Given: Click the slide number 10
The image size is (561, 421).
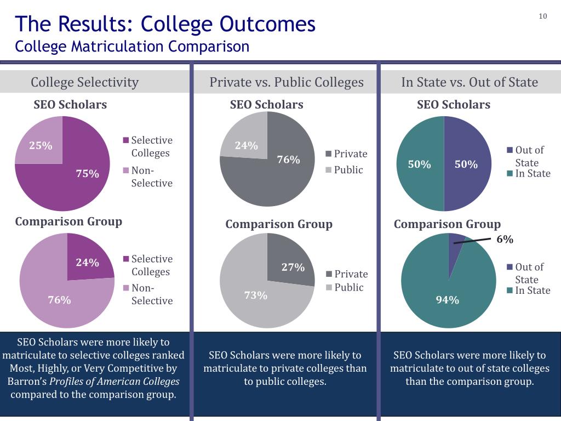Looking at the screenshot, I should coord(543,16).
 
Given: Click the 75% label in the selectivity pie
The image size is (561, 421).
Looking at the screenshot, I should coord(88,174).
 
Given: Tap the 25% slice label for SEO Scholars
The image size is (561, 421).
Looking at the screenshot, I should coord(41,146).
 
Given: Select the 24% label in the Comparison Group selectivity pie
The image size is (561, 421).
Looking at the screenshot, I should coord(87,263).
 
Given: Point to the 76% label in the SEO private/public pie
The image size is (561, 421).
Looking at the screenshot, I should coord(288,160).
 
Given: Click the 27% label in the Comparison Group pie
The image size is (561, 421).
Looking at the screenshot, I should coord(293,268).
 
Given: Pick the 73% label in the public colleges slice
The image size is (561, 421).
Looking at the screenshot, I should coord(255,295).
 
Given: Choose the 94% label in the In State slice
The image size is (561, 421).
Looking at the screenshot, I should coord(447,300).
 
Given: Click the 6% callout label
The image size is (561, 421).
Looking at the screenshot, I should coord(505,240).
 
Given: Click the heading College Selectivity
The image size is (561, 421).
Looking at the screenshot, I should coord(84,82).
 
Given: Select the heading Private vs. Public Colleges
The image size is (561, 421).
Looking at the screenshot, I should coord(286,82).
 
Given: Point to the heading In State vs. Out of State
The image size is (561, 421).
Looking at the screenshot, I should coord(470,82).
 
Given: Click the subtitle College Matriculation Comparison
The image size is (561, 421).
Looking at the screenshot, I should coord(132,46).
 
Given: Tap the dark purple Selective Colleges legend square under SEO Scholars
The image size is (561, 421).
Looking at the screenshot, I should coord(126,140).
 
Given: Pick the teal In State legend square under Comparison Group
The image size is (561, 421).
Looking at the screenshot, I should coord(510,291).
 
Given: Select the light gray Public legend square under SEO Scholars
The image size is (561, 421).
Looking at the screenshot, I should coord(329,170).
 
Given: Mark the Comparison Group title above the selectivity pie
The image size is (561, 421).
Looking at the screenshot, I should coord(68,221).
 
